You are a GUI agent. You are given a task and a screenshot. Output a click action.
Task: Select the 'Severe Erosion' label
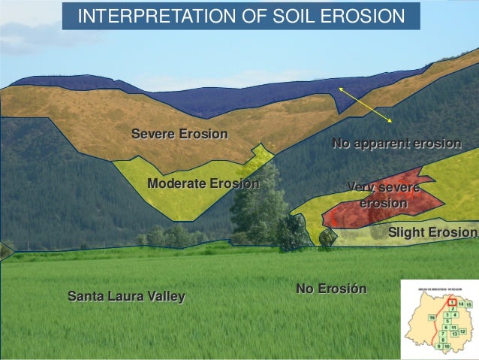pyautogui.click(x=179, y=135)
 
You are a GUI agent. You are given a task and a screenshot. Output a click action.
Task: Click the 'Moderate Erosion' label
pyautogui.click(x=203, y=183)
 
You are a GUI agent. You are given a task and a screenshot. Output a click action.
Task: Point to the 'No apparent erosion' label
pyautogui.click(x=396, y=144)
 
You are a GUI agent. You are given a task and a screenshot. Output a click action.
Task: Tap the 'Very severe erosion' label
pyautogui.click(x=384, y=195)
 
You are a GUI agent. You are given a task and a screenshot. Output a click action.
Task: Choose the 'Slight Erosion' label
pyautogui.click(x=432, y=233)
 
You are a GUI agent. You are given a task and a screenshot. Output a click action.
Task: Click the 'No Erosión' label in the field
pyautogui.click(x=331, y=289)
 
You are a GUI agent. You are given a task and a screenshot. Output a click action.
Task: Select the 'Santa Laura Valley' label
pyautogui.click(x=126, y=297)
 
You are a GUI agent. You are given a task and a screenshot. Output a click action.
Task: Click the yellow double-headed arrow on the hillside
pyautogui.click(x=365, y=104)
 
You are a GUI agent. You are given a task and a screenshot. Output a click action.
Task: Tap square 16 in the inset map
pyautogui.click(x=432, y=318)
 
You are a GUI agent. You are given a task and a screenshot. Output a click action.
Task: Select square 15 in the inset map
pyautogui.click(x=468, y=304)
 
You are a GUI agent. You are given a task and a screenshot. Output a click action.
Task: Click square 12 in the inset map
pyautogui.click(x=463, y=331)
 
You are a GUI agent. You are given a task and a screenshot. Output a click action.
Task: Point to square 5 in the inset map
pyautogui.click(x=448, y=321)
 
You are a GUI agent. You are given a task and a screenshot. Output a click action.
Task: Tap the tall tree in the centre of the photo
pyautogui.click(x=258, y=203)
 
